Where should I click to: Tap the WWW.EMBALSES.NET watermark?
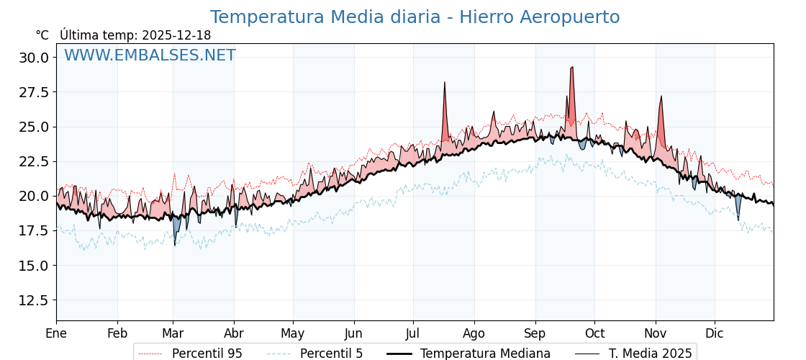pos(150,55)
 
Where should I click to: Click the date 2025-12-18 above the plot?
pos(176,35)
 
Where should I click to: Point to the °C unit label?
pos(42,35)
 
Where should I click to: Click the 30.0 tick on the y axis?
pos(34,58)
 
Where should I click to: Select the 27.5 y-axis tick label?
pos(34,92)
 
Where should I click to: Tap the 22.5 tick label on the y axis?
pos(34,161)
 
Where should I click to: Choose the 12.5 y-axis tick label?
pos(34,300)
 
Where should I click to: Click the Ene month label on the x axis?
pos(56,333)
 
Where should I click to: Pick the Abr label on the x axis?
pos(234,333)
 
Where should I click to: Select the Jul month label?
pos(413,333)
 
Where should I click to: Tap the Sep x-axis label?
pos(535,333)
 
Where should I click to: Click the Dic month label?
pos(715,333)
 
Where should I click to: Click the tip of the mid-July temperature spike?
pos(445,83)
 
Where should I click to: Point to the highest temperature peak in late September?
pos(572,67)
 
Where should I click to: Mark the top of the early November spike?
pos(661,96)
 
